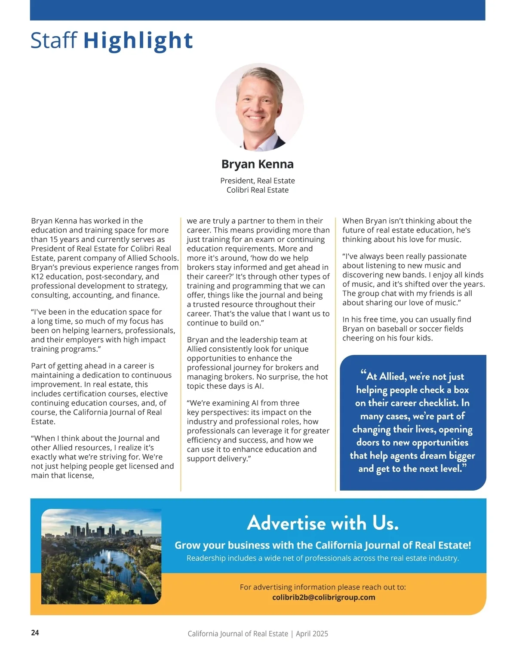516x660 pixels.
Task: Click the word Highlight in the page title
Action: tap(138, 40)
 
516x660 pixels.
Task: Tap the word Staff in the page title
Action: tap(54, 40)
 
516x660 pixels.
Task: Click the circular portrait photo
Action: tap(259, 107)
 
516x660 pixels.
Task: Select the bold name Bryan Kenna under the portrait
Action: tap(258, 164)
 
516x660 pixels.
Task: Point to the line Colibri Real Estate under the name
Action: tap(258, 190)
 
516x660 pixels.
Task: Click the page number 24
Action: tap(35, 632)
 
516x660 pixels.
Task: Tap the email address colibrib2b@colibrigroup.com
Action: tap(323, 597)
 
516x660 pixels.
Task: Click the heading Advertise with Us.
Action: tap(323, 523)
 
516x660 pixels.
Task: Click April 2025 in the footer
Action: tap(312, 634)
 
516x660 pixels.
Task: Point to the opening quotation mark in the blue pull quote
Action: tap(363, 373)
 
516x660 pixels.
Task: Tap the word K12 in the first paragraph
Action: tap(38, 276)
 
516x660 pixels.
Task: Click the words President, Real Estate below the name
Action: tap(258, 181)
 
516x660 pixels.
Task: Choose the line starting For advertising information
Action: tap(322, 587)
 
